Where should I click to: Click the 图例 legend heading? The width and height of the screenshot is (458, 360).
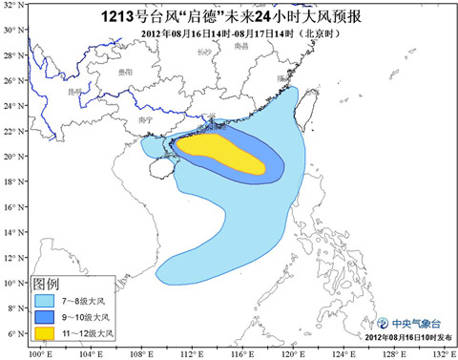click(47, 284)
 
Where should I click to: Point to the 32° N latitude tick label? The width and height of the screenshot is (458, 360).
click(12, 29)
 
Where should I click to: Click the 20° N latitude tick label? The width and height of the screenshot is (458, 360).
click(12, 156)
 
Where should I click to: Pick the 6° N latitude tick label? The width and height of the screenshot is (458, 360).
click(13, 333)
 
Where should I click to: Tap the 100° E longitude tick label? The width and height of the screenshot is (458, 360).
click(39, 353)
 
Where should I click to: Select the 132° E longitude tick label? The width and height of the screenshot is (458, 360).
click(440, 353)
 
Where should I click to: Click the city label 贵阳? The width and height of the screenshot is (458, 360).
click(127, 72)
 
